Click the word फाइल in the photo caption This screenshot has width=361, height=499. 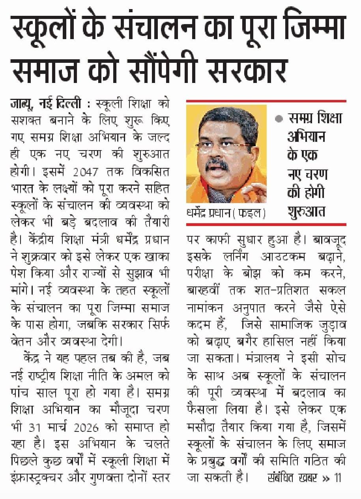coord(253,214)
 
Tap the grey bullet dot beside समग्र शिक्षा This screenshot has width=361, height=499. coord(279,118)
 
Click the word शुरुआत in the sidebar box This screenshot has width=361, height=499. coord(306,211)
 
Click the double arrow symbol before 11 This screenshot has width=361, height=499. coord(326,478)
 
